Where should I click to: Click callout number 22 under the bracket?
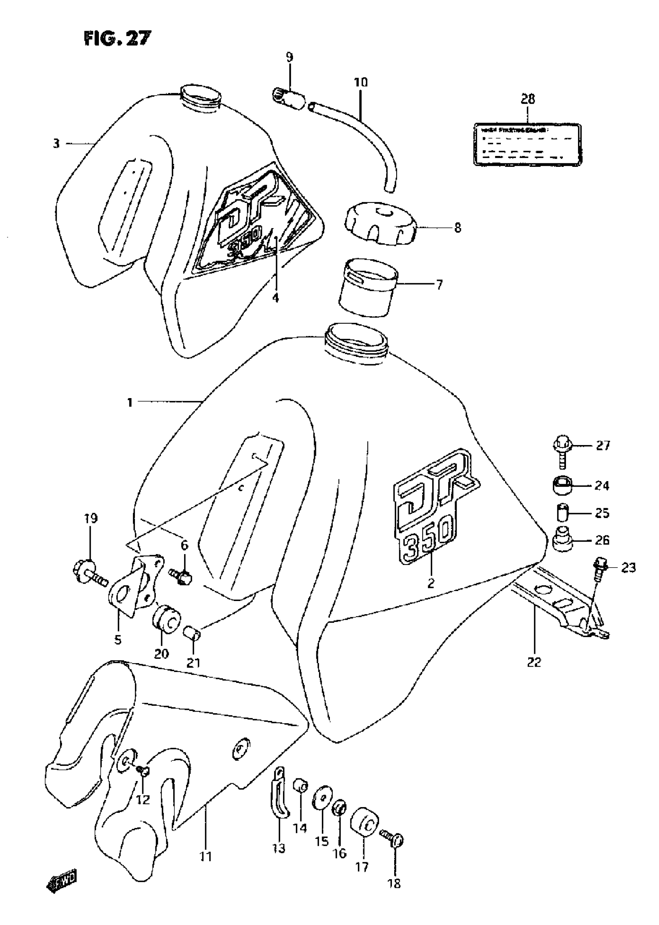tap(534, 662)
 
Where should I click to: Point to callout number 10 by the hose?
tap(361, 82)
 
